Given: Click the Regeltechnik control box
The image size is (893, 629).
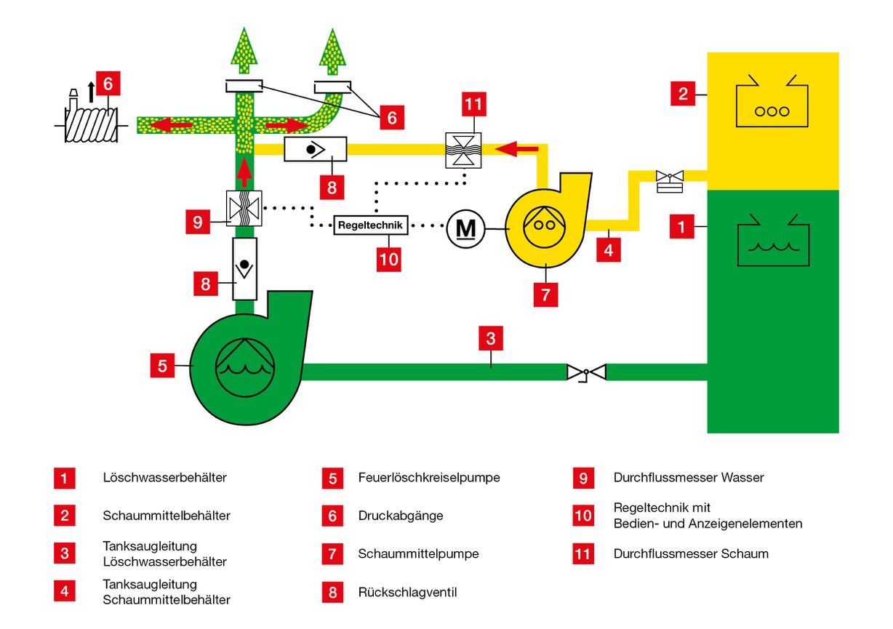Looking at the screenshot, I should pyautogui.click(x=369, y=225).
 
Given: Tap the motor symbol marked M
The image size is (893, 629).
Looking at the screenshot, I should pyautogui.click(x=465, y=228).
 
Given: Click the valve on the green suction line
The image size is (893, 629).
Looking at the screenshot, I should pyautogui.click(x=586, y=373).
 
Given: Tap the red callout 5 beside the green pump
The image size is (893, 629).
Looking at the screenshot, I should pyautogui.click(x=163, y=366).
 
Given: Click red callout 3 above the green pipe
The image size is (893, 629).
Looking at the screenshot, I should pyautogui.click(x=491, y=338).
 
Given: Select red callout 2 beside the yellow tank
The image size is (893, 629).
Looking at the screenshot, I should pyautogui.click(x=683, y=93).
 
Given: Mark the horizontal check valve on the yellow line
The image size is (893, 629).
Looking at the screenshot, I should pyautogui.click(x=315, y=149).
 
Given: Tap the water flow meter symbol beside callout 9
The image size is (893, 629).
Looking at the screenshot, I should pyautogui.click(x=244, y=208).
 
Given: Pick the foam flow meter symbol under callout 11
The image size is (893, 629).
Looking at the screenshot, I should pyautogui.click(x=464, y=149).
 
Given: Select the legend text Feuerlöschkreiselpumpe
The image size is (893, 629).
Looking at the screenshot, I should pyautogui.click(x=429, y=478).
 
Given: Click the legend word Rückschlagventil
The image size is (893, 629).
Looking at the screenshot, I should pyautogui.click(x=408, y=593).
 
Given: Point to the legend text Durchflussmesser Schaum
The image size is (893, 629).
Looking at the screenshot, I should pyautogui.click(x=690, y=553).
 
